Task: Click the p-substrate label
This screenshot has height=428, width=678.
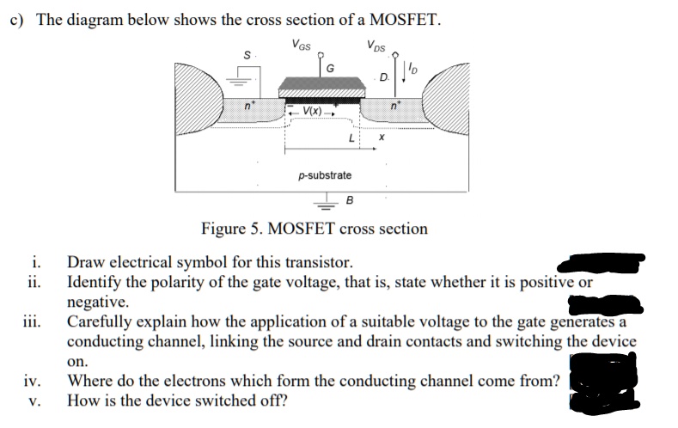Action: [324, 175]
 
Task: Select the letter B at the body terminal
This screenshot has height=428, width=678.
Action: [350, 201]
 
